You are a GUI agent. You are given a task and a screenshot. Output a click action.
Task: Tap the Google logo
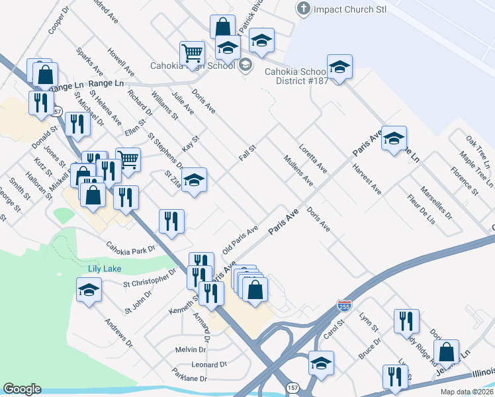[x=22, y=388]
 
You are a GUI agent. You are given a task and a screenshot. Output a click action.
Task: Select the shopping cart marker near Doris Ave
[x=192, y=53]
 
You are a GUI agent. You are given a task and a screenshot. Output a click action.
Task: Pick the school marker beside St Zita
[x=194, y=180]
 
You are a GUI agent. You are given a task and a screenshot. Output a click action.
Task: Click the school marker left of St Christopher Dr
[x=89, y=291]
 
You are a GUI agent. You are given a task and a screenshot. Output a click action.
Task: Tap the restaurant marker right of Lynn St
[x=406, y=322]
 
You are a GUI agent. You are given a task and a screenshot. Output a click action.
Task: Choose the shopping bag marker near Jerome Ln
[x=447, y=352]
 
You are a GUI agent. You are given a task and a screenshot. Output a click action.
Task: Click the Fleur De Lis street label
[x=421, y=210]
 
